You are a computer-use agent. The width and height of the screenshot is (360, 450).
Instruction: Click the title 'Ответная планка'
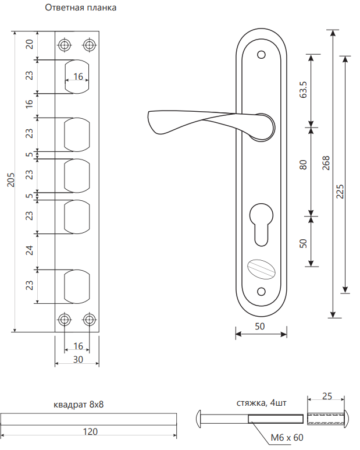pos(80,8)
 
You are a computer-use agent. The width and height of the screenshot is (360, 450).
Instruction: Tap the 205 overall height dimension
pos(11,180)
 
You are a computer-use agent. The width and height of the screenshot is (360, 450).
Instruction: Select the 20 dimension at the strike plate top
pos(30,44)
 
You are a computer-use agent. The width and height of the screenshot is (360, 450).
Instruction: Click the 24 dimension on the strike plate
pos(30,250)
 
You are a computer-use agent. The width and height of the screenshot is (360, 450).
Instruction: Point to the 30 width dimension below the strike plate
pos(78,360)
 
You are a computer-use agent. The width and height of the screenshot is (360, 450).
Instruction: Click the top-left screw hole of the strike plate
pos(65,45)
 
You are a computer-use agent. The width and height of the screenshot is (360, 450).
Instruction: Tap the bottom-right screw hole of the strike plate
pos(90,320)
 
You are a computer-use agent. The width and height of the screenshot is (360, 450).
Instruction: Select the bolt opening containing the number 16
pos(77,77)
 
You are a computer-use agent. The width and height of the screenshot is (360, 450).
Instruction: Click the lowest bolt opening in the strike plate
pos(77,286)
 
